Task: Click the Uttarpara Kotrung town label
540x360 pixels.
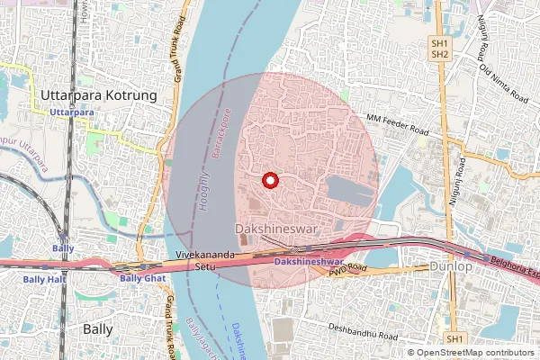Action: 99,94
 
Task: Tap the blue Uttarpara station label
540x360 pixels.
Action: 72,112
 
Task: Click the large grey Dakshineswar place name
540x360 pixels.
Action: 274,229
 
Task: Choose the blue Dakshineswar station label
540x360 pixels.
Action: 310,261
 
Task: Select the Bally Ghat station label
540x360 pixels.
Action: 141,278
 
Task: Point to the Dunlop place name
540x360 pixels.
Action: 450,267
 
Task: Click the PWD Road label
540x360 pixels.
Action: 348,268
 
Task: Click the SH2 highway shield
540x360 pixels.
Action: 440,55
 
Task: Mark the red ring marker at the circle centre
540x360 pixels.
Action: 269,181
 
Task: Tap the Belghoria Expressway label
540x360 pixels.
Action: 513,264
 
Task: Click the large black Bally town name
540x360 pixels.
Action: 97,328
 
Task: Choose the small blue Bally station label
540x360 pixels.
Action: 63,247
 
